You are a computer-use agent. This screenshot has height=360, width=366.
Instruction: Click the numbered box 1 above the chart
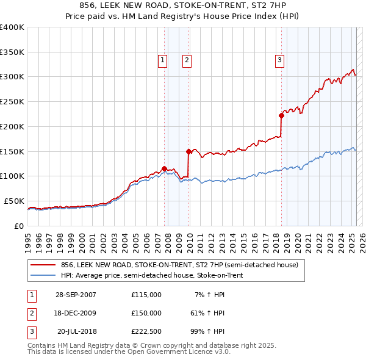[163, 60]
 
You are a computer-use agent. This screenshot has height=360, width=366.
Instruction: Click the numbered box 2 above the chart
[186, 60]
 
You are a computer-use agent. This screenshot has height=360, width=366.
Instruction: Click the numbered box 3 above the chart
[279, 60]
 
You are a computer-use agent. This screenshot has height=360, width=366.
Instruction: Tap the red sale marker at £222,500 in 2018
[281, 115]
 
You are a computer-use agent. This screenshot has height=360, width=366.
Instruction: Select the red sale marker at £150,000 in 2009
[188, 151]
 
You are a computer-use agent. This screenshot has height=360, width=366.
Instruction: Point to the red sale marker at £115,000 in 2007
[164, 168]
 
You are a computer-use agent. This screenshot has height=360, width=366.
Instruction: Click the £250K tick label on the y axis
[12, 102]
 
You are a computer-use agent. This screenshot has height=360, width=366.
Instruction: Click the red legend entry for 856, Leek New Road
[179, 265]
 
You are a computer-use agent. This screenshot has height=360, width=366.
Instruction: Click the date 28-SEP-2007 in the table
[76, 295]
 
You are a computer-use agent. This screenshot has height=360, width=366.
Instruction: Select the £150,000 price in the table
[146, 313]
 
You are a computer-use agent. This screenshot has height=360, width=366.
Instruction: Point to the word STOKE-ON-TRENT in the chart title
[234, 6]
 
